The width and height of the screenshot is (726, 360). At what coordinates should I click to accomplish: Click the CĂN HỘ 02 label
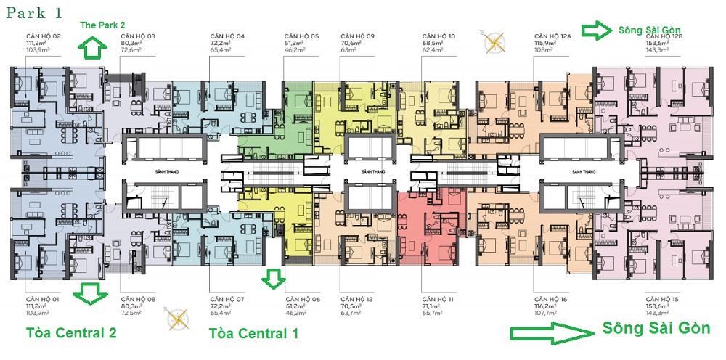tap(44, 36)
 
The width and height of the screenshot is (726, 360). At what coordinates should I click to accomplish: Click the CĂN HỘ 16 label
tap(550, 299)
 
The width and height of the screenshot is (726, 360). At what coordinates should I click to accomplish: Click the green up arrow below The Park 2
tap(93, 49)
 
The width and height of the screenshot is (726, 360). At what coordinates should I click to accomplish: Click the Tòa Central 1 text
tap(253, 334)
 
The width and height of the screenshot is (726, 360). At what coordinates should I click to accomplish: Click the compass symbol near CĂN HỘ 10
tap(497, 43)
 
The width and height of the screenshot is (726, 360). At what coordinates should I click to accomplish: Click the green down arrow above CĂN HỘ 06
tap(274, 278)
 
